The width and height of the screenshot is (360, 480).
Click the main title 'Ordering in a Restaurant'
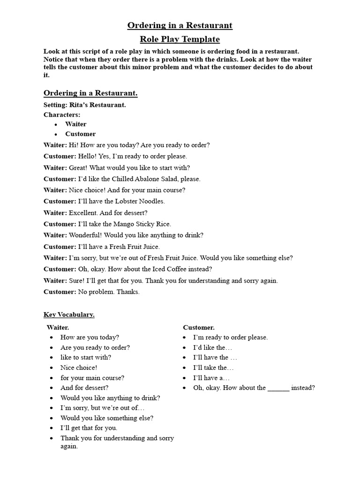tap(180, 25)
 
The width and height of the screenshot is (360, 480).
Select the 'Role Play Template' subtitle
tap(180, 39)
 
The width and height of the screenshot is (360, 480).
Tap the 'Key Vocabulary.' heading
tap(69, 315)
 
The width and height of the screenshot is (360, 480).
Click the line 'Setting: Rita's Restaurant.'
tap(84, 105)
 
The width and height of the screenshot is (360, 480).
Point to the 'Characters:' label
tap(62, 114)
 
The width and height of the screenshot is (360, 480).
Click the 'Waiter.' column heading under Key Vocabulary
tap(58, 328)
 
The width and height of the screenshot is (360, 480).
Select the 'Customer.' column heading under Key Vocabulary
tap(199, 328)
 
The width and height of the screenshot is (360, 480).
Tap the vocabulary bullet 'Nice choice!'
tap(79, 367)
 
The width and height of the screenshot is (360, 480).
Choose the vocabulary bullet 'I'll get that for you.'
tap(89, 428)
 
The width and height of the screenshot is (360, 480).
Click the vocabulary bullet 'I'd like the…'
tap(212, 347)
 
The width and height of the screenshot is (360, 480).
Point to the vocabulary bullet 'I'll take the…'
tap(213, 367)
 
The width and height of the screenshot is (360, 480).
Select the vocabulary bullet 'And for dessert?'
tap(84, 388)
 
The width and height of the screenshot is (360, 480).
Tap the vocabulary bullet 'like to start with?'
tap(86, 357)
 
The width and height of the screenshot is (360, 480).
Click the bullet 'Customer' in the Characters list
tap(80, 134)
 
